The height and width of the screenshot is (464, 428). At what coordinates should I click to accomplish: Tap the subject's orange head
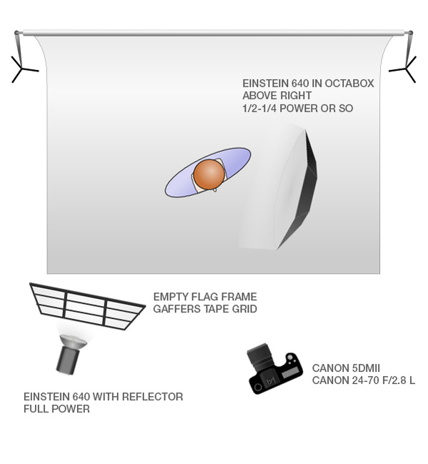[209, 174]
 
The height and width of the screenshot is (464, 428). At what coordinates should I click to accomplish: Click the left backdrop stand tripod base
[24, 70]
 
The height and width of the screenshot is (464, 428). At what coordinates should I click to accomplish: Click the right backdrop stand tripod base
[404, 70]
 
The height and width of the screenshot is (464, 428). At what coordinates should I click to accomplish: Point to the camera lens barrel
[259, 356]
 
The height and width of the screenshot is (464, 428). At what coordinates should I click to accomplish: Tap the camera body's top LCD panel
[289, 374]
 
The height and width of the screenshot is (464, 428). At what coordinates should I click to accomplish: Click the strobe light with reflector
[70, 354]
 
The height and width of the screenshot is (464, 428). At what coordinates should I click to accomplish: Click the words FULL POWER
[56, 409]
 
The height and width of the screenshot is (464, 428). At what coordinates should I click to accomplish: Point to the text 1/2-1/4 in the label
[259, 108]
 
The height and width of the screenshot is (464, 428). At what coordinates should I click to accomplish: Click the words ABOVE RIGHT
[277, 96]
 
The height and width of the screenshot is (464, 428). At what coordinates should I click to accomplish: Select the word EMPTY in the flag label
[171, 297]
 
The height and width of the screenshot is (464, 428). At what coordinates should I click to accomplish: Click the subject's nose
[215, 189]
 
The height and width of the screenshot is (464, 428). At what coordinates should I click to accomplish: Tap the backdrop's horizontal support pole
[214, 33]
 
